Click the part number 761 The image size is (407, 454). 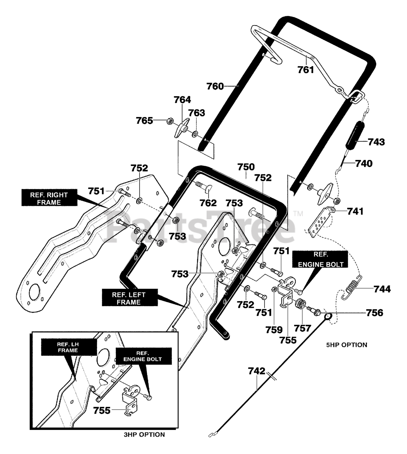click(306, 70)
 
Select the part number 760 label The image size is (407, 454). click(215, 86)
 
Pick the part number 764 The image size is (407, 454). click(182, 100)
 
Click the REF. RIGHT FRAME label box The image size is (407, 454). click(49, 198)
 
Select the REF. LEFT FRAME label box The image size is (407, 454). click(130, 297)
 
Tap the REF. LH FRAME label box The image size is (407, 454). click(69, 347)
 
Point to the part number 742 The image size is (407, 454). click(256, 371)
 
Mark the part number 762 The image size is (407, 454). click(208, 203)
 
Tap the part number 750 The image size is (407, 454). click(246, 167)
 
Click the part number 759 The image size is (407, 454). click(274, 330)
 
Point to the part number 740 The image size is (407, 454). click(364, 164)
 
